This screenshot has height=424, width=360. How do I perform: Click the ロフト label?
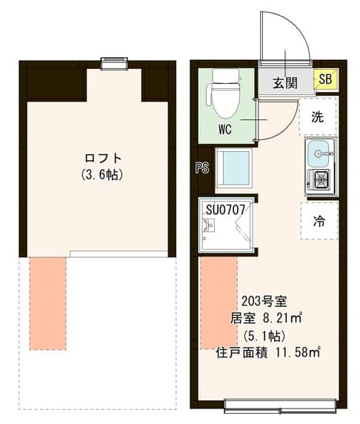(103, 158)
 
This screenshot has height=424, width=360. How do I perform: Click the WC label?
(226, 127)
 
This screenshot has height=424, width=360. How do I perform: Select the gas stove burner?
(321, 179)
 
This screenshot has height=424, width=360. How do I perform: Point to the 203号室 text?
(264, 302)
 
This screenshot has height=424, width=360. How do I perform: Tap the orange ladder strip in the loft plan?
(47, 302)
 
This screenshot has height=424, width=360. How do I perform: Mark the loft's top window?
(114, 64)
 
